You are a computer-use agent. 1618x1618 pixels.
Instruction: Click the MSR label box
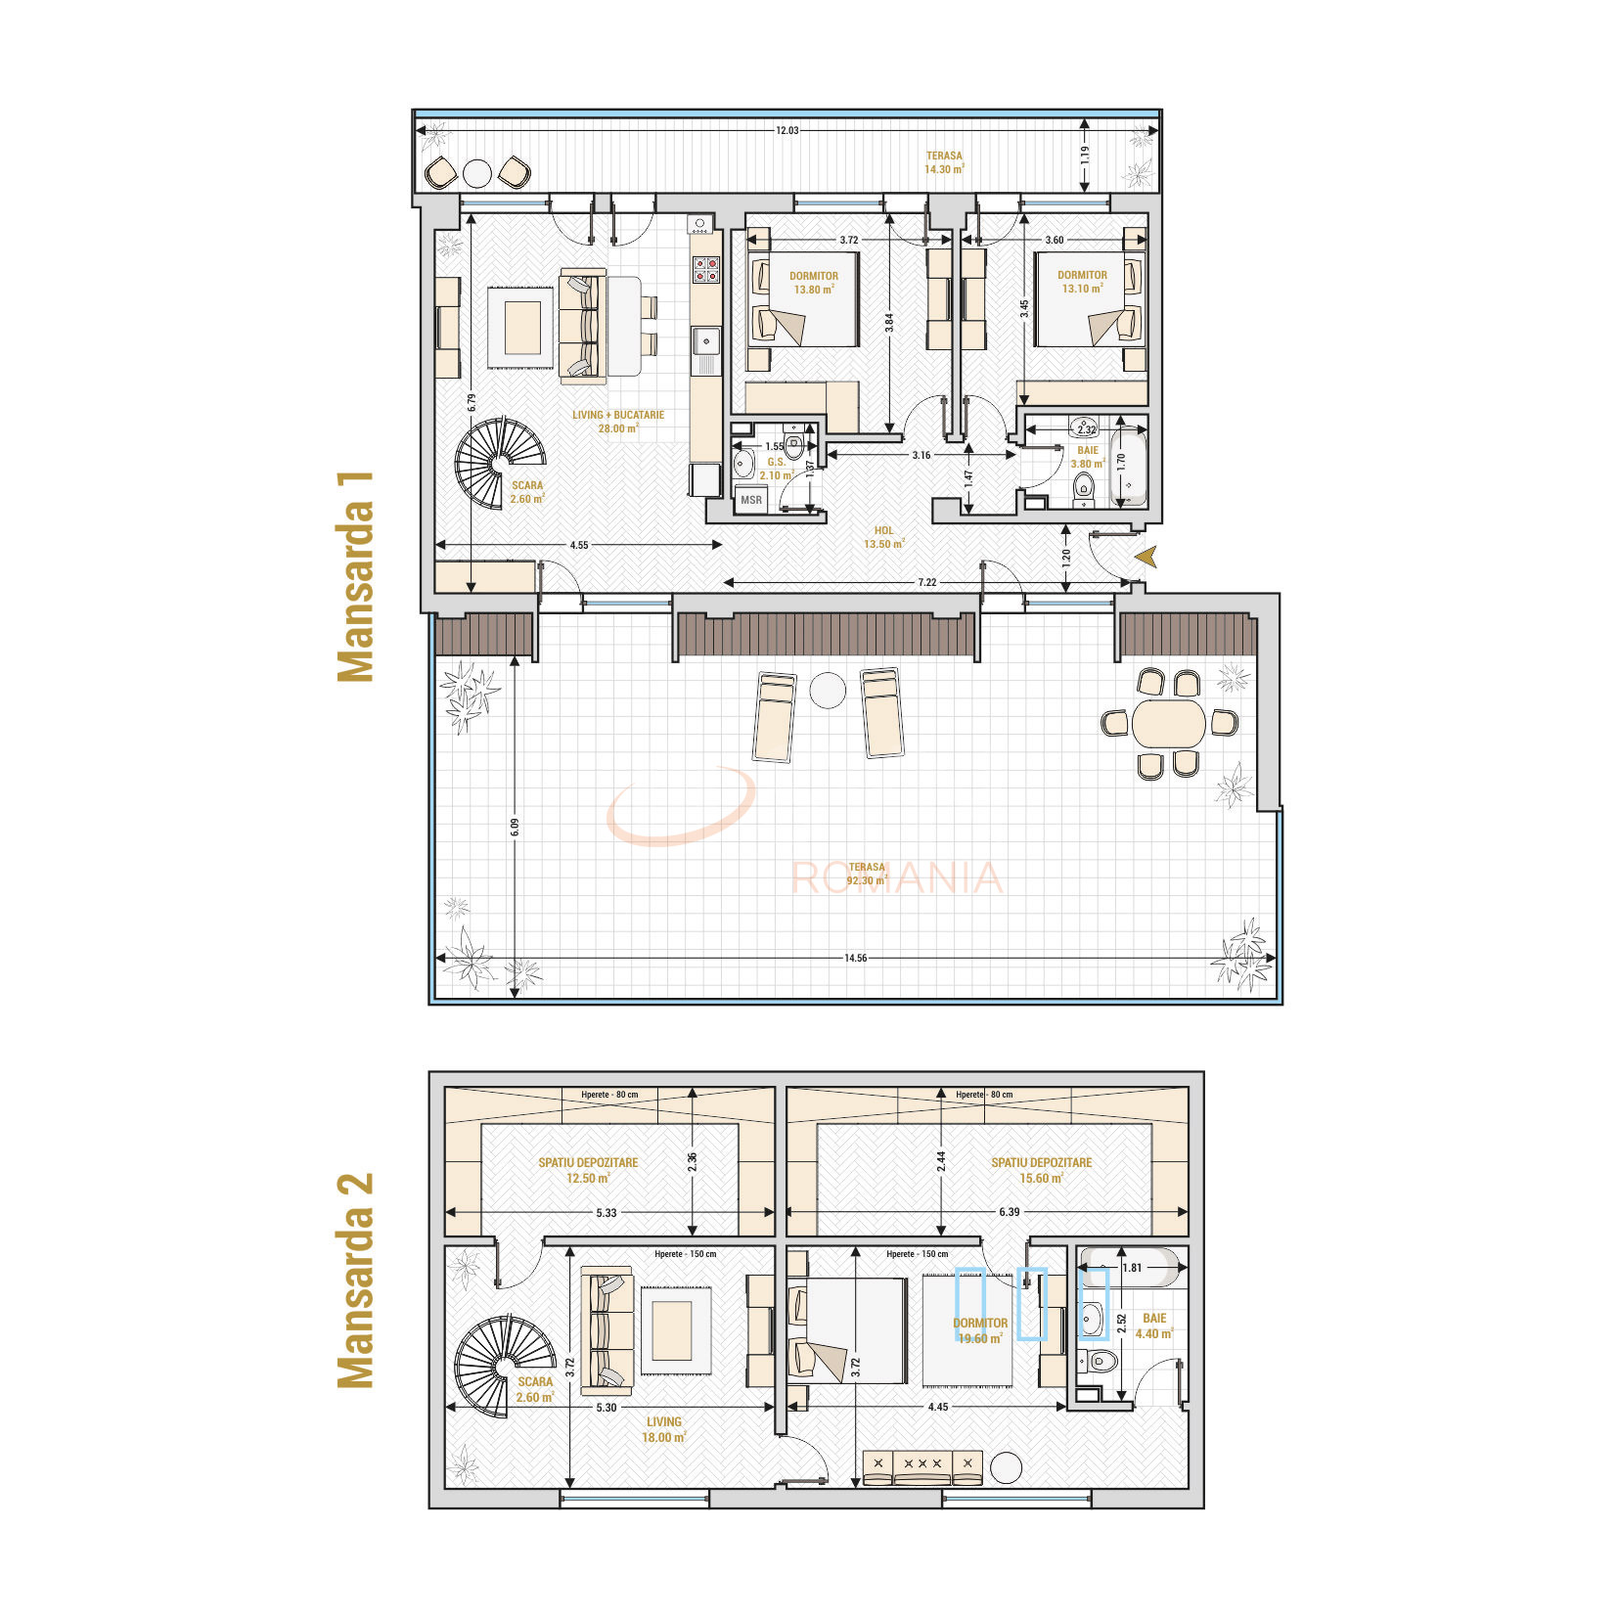[751, 500]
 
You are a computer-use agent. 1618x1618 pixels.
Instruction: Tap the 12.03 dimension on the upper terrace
[787, 130]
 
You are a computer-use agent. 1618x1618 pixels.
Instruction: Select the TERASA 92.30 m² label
[867, 874]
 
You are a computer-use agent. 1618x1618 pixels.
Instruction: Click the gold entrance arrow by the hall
[1146, 557]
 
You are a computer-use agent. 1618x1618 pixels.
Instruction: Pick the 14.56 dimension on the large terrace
[855, 958]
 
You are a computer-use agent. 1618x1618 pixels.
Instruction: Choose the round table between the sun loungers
[828, 691]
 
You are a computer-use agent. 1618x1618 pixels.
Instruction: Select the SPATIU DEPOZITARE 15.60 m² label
[1041, 1170]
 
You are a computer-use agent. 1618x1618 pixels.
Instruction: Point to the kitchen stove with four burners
[705, 269]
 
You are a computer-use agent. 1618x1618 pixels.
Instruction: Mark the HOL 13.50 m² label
[883, 537]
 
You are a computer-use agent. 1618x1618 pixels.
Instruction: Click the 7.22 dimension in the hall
[926, 582]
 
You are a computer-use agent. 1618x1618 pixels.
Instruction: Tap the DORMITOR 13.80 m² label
[814, 283]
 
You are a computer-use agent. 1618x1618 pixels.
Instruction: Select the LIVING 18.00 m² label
[663, 1429]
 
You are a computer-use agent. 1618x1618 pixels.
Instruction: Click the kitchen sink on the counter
[705, 340]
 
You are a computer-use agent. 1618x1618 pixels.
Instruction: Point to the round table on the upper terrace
[476, 173]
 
